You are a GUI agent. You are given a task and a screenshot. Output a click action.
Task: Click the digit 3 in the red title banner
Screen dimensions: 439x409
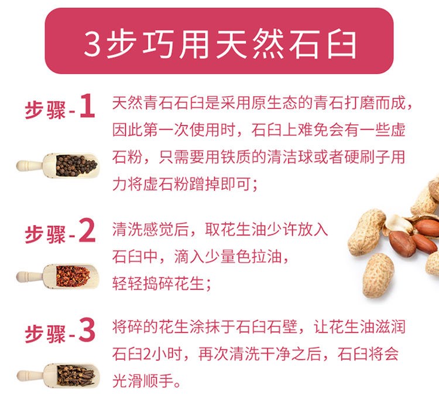[92, 45]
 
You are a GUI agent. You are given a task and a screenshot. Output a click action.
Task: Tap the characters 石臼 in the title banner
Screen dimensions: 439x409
[323, 45]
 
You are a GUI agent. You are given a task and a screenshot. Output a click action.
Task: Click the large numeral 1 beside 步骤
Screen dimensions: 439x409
[87, 106]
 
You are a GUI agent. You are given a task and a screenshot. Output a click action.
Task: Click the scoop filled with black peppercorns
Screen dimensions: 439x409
[58, 165]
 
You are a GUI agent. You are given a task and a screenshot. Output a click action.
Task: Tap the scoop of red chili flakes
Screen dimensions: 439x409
[58, 276]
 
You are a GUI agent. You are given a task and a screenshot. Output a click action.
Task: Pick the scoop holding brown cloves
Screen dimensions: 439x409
[58, 376]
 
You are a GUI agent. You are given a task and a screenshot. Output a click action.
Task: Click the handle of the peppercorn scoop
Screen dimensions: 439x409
[29, 165]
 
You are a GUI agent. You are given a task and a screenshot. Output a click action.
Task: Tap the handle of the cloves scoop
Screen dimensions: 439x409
[30, 376]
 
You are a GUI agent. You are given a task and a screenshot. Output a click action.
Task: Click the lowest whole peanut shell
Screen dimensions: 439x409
[378, 275]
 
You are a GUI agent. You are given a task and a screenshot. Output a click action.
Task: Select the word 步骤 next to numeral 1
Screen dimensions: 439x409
[45, 110]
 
